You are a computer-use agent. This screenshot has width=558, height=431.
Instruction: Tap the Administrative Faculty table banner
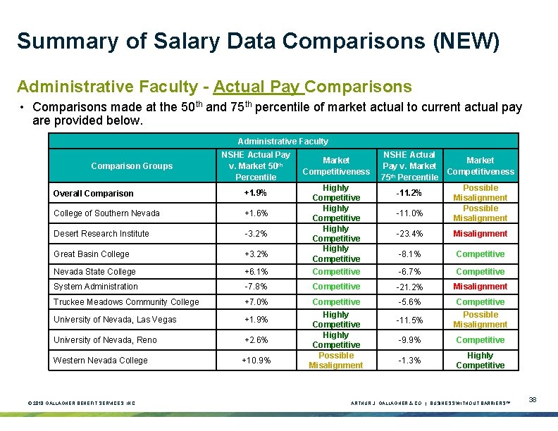pyautogui.click(x=283, y=141)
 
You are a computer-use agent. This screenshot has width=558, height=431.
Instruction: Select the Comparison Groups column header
pyautogui.click(x=132, y=166)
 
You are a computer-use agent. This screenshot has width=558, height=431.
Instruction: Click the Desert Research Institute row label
pyautogui.click(x=101, y=234)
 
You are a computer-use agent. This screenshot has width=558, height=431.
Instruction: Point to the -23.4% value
pyautogui.click(x=408, y=234)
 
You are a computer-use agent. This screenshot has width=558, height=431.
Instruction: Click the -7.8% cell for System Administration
pyautogui.click(x=254, y=287)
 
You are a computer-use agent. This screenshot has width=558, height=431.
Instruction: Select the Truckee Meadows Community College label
pyautogui.click(x=126, y=302)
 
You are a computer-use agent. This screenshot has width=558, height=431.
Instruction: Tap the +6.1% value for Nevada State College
pyautogui.click(x=254, y=272)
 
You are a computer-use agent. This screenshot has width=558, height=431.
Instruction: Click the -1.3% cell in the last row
pyautogui.click(x=408, y=361)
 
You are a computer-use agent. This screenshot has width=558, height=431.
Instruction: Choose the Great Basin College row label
pyautogui.click(x=92, y=254)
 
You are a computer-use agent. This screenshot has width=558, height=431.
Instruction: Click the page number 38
pyautogui.click(x=533, y=400)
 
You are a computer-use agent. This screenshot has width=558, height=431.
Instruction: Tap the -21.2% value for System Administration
pyautogui.click(x=408, y=287)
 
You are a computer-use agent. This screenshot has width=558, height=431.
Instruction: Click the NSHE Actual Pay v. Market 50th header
pyautogui.click(x=255, y=166)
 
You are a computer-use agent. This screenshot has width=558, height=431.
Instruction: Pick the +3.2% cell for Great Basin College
pyautogui.click(x=254, y=254)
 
